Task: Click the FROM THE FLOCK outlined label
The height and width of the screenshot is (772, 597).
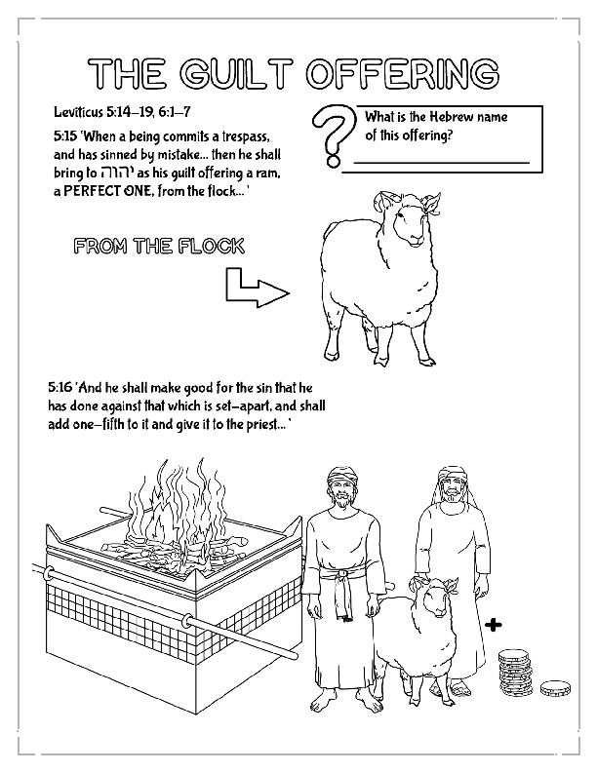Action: pos(159,248)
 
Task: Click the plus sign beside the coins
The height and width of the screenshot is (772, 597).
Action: pos(494,624)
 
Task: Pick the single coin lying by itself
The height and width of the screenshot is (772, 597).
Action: pos(555,688)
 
